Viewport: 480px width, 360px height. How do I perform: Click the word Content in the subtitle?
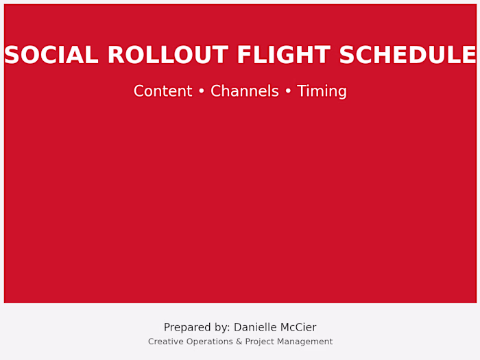click(163, 91)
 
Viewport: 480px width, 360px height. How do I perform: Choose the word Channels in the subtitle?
click(244, 91)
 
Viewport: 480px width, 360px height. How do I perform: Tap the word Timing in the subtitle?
click(322, 91)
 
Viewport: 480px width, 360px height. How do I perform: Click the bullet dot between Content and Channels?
click(201, 92)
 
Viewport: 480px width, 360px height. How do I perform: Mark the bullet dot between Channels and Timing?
click(287, 92)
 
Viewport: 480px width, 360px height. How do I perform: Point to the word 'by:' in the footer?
click(220, 328)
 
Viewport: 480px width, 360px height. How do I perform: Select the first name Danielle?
click(257, 328)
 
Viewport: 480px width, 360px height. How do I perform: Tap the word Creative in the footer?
click(165, 341)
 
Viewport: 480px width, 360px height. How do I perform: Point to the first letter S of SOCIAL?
click(12, 56)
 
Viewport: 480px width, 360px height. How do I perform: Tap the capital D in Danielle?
click(238, 328)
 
